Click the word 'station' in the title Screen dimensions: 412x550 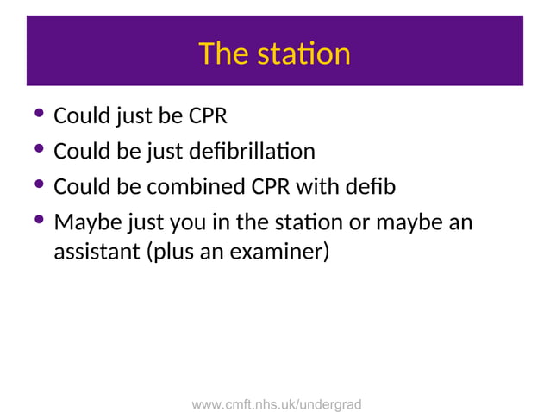(x=303, y=54)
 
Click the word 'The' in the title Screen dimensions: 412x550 (x=223, y=54)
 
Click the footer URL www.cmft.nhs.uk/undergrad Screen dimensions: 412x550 (x=276, y=403)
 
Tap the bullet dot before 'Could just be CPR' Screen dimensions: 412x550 (x=37, y=115)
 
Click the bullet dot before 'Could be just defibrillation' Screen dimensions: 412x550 (x=37, y=151)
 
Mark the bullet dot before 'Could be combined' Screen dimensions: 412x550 (x=37, y=186)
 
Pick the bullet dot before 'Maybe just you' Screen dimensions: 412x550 (x=37, y=222)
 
